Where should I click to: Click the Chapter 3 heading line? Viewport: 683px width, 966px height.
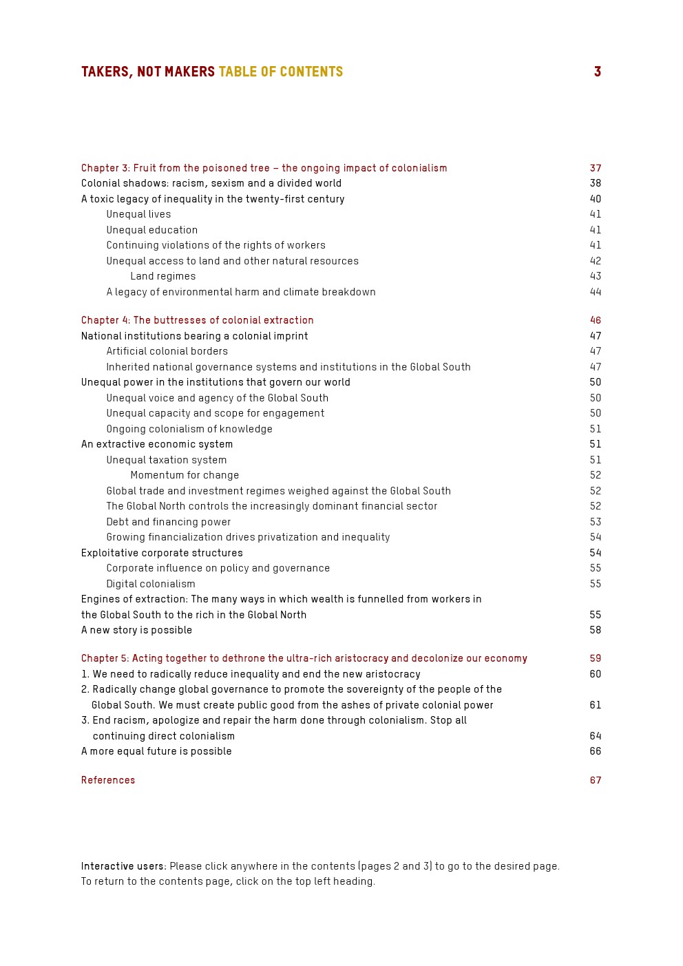[x=264, y=168]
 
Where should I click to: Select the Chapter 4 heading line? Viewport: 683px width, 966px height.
[x=197, y=320]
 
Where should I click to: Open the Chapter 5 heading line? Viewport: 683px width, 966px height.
[x=304, y=658]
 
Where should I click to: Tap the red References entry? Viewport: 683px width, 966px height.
[x=108, y=780]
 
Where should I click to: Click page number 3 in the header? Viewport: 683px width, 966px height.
[x=598, y=72]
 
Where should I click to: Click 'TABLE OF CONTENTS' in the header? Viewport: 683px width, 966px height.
[x=280, y=72]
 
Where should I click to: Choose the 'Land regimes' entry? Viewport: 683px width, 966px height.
[x=162, y=276]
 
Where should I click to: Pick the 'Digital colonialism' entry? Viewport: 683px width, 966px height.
[x=151, y=584]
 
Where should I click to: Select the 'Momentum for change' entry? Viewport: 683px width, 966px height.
[x=185, y=475]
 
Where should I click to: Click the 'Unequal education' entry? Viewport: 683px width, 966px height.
[x=151, y=230]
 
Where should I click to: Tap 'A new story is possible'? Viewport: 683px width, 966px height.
[x=136, y=630]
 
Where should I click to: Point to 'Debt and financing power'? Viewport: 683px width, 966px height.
[x=168, y=522]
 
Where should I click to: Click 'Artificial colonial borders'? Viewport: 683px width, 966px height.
[x=167, y=351]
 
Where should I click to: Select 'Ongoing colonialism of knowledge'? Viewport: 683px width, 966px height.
[x=189, y=429]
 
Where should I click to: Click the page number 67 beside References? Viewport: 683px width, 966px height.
[x=595, y=780]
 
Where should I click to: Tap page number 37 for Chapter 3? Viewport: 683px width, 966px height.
[x=595, y=168]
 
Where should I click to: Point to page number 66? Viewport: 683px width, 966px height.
[x=595, y=751]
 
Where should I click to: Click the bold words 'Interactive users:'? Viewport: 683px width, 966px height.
[x=124, y=866]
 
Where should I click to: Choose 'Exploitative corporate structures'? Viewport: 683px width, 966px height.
[x=162, y=553]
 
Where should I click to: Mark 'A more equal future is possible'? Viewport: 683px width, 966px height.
[x=156, y=751]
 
